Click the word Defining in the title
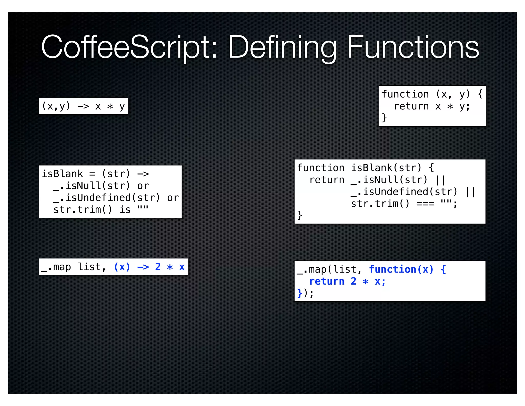pos(282,48)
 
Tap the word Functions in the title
pos(413,48)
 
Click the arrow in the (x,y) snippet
pos(83,106)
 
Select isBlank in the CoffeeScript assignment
pos(62,174)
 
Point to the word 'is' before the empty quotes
pos(125,210)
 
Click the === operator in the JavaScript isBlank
pos(425,204)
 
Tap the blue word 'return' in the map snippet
pos(327,281)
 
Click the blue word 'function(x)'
pos(401,269)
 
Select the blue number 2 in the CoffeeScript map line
pos(158,267)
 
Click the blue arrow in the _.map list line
pos(143,267)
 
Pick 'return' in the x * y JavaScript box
pos(411,106)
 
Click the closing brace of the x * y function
pos(384,118)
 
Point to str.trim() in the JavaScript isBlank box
pos(380,204)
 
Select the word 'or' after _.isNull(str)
pos(143,186)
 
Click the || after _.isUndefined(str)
pos(470,192)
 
